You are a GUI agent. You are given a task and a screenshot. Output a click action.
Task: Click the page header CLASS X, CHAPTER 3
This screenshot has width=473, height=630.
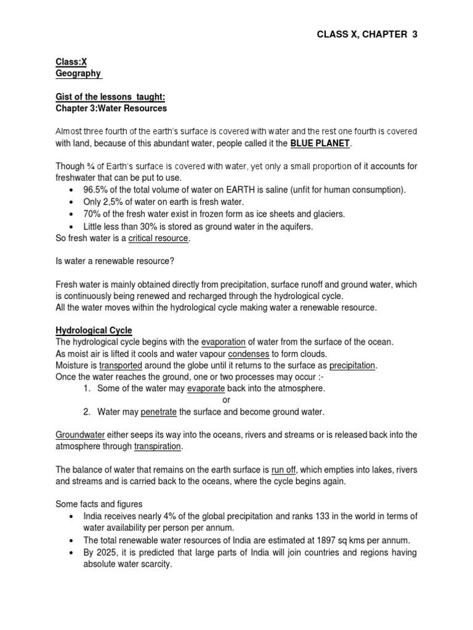click(366, 35)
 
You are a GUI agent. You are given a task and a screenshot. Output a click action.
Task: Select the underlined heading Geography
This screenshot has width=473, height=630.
click(78, 74)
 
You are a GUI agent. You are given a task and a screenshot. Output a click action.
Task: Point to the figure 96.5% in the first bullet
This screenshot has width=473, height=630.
click(95, 190)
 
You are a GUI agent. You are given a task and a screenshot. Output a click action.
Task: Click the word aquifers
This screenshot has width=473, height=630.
click(294, 226)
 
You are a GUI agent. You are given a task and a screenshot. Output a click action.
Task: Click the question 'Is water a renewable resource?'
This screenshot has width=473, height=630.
click(115, 261)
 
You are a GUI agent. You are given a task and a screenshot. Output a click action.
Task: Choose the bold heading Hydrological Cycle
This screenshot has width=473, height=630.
click(94, 330)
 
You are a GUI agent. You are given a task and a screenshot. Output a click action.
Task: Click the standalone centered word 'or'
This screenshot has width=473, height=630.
click(226, 400)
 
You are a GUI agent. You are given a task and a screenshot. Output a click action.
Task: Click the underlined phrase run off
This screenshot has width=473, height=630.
click(285, 469)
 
